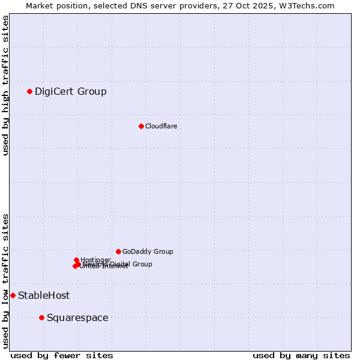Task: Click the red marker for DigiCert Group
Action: [29, 91]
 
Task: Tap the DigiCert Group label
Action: [70, 91]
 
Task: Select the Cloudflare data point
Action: [141, 126]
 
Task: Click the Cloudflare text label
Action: [161, 126]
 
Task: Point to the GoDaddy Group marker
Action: [118, 251]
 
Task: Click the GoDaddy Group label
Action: [148, 251]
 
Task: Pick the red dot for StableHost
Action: [13, 295]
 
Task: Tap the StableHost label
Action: [44, 295]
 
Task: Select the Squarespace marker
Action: [41, 317]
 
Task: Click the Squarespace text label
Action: [77, 317]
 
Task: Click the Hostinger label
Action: [95, 260]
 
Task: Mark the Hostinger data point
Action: [76, 260]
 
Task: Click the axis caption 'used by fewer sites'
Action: [62, 355]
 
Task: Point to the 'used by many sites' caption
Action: [301, 355]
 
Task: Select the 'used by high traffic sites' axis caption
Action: [6, 85]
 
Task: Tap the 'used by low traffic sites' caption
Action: [6, 280]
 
